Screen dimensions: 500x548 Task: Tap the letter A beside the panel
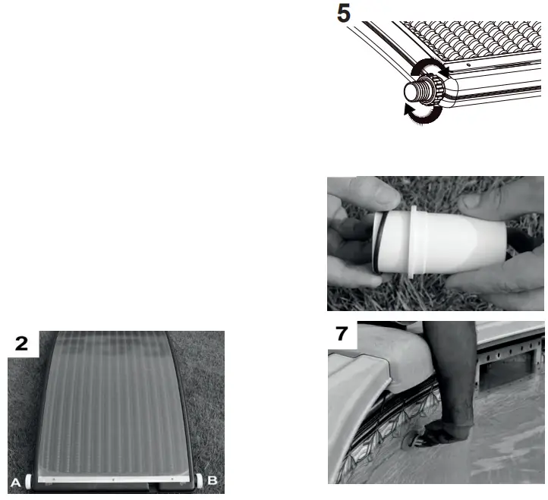pos(16,480)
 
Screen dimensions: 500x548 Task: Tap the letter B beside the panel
pos(213,480)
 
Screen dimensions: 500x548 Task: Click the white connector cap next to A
pos(30,480)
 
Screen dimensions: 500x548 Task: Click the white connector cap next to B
pos(200,480)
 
